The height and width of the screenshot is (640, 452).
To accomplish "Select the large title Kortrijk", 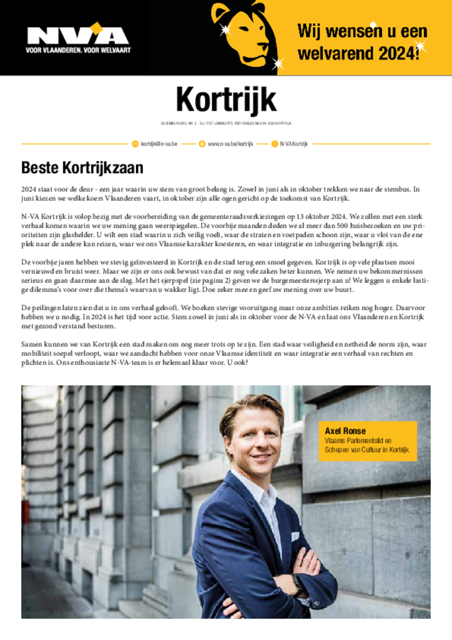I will pyautogui.click(x=225, y=101).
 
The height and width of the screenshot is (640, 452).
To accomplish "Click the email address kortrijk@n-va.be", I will pyautogui.click(x=159, y=144).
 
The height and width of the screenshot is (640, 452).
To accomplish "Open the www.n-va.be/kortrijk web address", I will pyautogui.click(x=230, y=144).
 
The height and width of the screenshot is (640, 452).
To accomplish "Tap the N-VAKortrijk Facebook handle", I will pyautogui.click(x=293, y=144).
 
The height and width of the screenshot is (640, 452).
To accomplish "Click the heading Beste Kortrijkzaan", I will pyautogui.click(x=82, y=168).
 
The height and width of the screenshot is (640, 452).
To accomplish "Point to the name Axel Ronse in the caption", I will pyautogui.click(x=343, y=431).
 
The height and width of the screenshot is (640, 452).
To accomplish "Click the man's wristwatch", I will pyautogui.click(x=298, y=584).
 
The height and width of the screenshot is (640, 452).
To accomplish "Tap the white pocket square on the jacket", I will pyautogui.click(x=295, y=536).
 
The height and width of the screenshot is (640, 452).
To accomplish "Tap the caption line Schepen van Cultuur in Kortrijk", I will pyautogui.click(x=366, y=450).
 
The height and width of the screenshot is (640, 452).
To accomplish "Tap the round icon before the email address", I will pyautogui.click(x=135, y=144).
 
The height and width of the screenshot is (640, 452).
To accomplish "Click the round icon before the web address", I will pyautogui.click(x=202, y=144).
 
